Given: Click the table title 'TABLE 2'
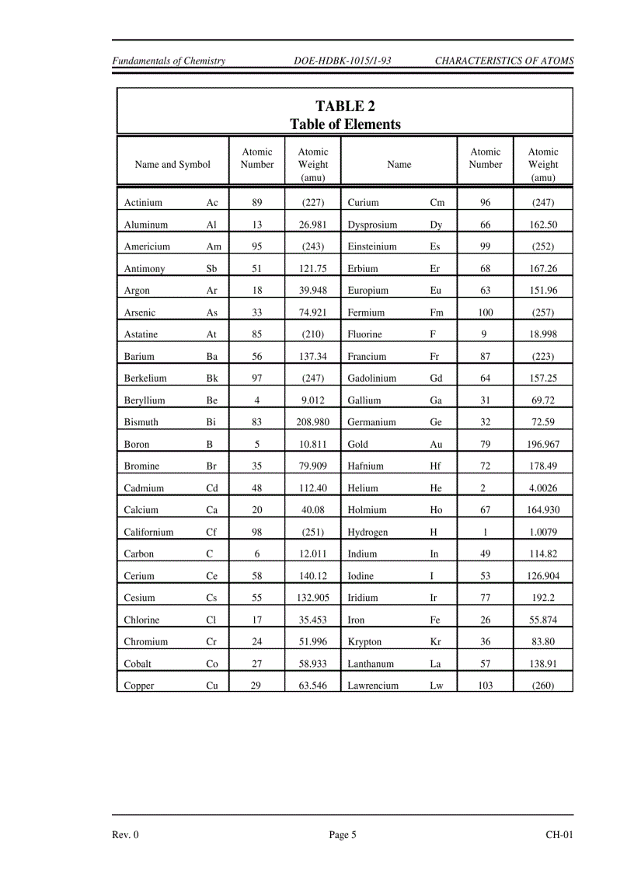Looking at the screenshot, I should [345, 107].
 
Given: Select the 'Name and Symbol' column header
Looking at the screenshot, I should [172, 165].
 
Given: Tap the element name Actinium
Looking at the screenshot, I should [143, 203].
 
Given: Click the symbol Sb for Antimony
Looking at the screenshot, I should [211, 269].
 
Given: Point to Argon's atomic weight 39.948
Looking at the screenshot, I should [312, 291].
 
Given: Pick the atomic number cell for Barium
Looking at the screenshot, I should [256, 357].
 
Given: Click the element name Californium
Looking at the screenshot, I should [148, 533].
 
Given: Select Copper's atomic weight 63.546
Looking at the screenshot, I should [312, 686].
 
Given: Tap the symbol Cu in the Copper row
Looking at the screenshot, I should [212, 686].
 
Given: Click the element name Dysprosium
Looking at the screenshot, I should [372, 225].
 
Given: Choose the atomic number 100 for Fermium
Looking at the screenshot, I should [485, 313].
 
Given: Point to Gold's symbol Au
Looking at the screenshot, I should [436, 445].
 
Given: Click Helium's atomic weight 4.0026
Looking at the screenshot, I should [542, 489].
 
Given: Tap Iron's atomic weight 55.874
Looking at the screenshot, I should [542, 620].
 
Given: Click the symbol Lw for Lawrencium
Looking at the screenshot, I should [437, 686].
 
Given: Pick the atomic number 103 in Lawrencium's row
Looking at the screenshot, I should [485, 686].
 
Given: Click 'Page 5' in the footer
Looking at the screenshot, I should [343, 836].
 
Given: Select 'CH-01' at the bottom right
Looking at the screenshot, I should [559, 836].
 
